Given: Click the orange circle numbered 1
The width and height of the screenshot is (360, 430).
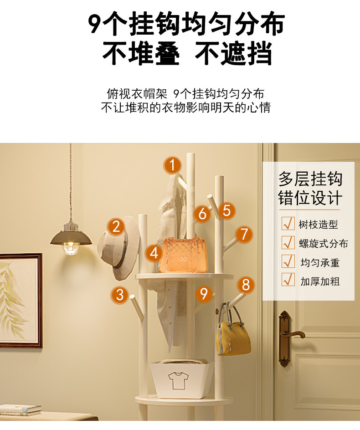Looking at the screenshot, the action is click(x=172, y=165).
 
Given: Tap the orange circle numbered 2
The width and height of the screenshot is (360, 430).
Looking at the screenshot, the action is click(x=116, y=227).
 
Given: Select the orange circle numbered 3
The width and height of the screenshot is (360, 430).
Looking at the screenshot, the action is click(x=120, y=295).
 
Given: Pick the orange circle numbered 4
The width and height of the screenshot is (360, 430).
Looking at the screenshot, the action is click(x=154, y=253).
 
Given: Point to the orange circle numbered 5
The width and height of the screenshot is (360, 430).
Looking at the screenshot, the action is click(x=226, y=210).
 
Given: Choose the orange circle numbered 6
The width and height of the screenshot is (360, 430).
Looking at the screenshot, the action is click(x=202, y=214).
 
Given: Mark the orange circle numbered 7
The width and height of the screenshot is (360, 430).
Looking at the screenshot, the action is click(x=244, y=235).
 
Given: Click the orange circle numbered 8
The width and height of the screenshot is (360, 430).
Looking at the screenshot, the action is click(x=246, y=285).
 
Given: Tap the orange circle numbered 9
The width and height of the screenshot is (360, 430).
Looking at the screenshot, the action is click(x=204, y=294).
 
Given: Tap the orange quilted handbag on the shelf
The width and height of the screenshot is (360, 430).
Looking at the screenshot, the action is click(x=183, y=255).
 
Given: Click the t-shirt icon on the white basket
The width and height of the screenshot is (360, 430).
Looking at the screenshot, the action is click(x=178, y=380).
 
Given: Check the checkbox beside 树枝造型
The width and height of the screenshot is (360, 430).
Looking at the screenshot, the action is click(x=288, y=224).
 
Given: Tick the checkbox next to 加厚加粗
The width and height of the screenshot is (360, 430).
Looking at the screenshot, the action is click(x=288, y=280).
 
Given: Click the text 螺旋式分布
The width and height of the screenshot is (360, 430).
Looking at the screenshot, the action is click(x=324, y=243).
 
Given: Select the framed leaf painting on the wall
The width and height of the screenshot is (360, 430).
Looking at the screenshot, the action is click(x=21, y=301).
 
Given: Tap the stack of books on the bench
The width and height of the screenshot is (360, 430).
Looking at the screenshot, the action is click(x=21, y=410).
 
